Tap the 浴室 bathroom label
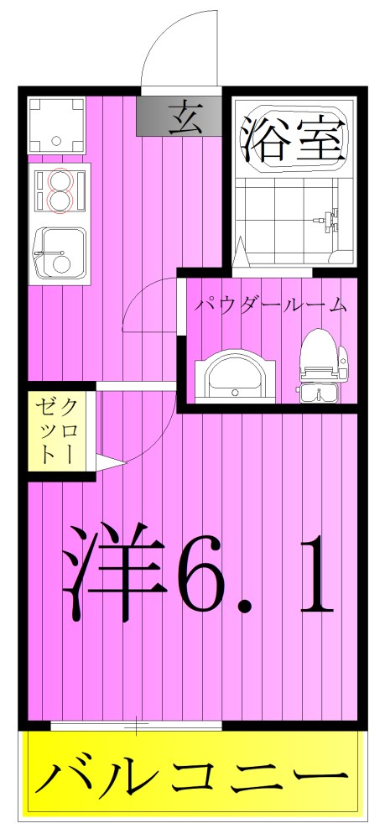point(294,138)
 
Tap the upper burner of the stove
point(60,180)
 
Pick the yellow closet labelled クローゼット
point(59,432)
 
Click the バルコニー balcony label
point(192,781)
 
